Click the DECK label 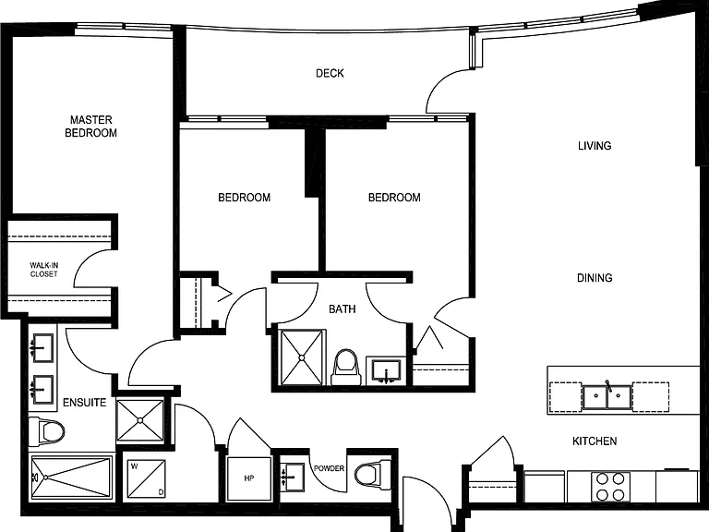(330, 73)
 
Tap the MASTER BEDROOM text (90, 127)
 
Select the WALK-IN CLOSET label (44, 270)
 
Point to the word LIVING (595, 146)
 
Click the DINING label (595, 278)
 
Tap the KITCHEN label (595, 441)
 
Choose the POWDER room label (330, 468)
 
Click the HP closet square (249, 478)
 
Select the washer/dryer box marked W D (146, 479)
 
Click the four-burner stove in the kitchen (610, 487)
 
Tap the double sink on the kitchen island (607, 397)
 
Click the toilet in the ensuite (46, 432)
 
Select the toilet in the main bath (346, 367)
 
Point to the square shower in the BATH (302, 357)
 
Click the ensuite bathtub (71, 478)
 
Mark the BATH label (342, 309)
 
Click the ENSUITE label (85, 403)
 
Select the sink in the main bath (386, 371)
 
